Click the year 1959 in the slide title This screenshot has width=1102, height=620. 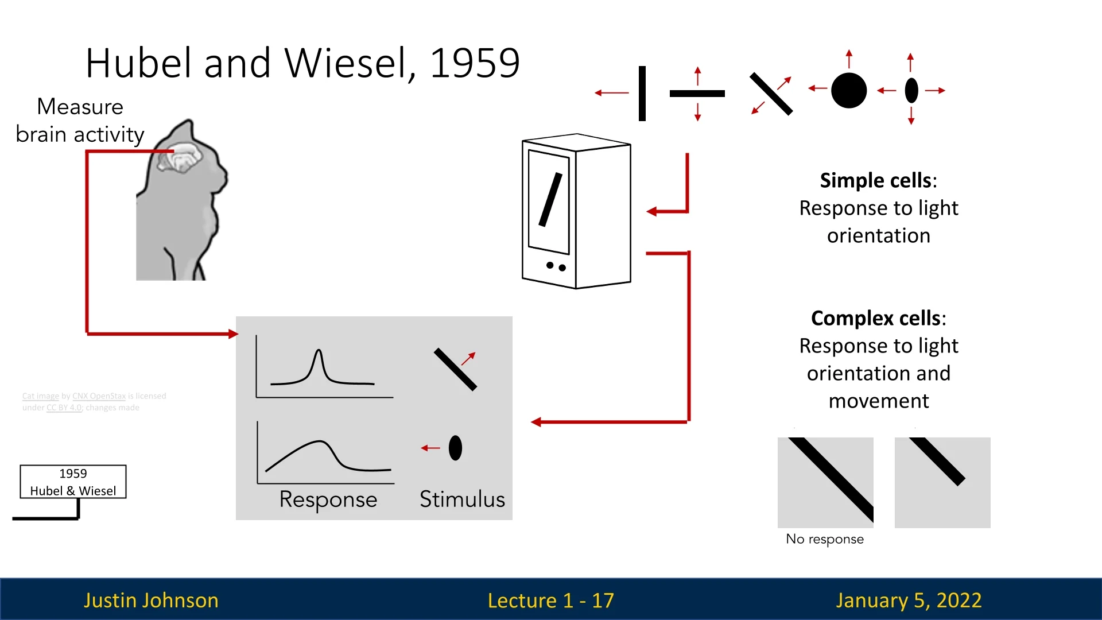475,63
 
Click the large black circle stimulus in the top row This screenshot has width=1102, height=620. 848,91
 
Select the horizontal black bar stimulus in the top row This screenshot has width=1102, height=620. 697,93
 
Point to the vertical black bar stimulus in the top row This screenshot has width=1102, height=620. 642,93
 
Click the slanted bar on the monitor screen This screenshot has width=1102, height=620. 550,200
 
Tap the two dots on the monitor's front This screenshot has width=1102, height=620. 556,266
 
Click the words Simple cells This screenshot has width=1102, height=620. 876,181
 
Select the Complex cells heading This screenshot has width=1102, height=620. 876,319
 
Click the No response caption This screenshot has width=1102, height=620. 824,539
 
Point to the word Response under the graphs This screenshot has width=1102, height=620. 328,499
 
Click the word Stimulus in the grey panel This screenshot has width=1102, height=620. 462,499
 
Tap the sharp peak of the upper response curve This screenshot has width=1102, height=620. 318,351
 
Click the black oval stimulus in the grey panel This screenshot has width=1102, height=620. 455,448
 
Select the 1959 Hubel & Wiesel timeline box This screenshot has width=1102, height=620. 73,482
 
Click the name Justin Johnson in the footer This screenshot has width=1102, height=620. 151,600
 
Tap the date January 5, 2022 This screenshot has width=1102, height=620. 909,600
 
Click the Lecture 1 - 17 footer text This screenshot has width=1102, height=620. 550,600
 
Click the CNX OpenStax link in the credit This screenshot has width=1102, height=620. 99,396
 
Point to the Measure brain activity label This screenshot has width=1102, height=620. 80,121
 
